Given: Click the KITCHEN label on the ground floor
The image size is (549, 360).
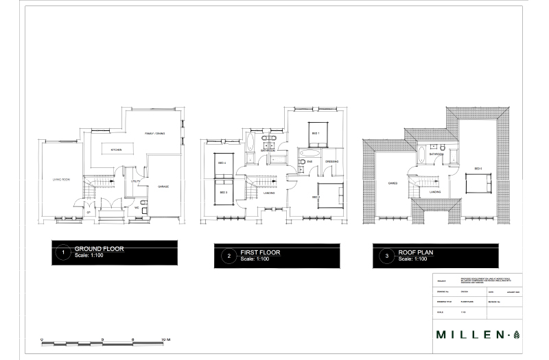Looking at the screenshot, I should pyautogui.click(x=116, y=149).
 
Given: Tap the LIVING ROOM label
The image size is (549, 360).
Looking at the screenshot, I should pyautogui.click(x=62, y=180).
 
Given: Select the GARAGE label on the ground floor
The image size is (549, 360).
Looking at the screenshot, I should pyautogui.click(x=163, y=187).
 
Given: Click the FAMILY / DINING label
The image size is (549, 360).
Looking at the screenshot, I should pyautogui.click(x=154, y=133).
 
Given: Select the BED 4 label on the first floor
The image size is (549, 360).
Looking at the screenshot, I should pyautogui.click(x=222, y=163).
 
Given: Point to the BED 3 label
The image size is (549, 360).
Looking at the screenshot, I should pyautogui.click(x=223, y=193).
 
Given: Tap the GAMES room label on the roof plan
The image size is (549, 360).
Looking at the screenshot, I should pyautogui.click(x=393, y=183).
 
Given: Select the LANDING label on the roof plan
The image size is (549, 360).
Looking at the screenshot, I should pyautogui.click(x=435, y=192).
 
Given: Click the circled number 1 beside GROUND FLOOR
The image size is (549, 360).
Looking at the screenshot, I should pyautogui.click(x=63, y=253).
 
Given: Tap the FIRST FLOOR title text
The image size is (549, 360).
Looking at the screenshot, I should pyautogui.click(x=259, y=252).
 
